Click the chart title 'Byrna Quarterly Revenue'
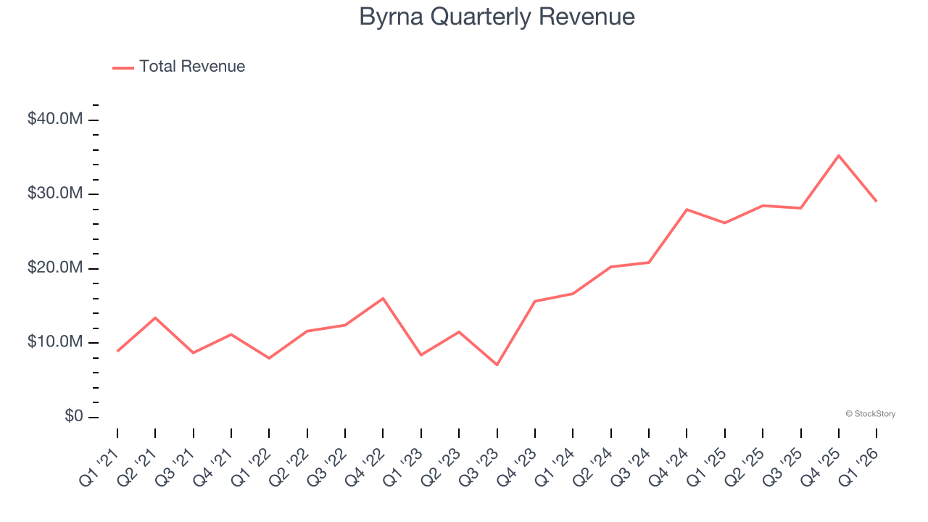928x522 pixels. click(497, 17)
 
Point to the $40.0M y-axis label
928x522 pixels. click(55, 119)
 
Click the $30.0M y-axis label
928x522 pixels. click(55, 194)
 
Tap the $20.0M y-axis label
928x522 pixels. click(55, 268)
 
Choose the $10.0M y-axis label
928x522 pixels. click(55, 342)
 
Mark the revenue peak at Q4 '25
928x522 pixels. click(838, 155)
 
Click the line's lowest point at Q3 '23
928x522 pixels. click(497, 365)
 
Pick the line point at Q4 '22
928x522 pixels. click(383, 298)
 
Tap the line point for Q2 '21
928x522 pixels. click(155, 318)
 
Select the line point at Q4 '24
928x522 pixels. click(687, 210)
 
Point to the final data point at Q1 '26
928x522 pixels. click(876, 201)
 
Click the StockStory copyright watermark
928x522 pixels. click(870, 414)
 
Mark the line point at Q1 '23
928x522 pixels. click(420, 355)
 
